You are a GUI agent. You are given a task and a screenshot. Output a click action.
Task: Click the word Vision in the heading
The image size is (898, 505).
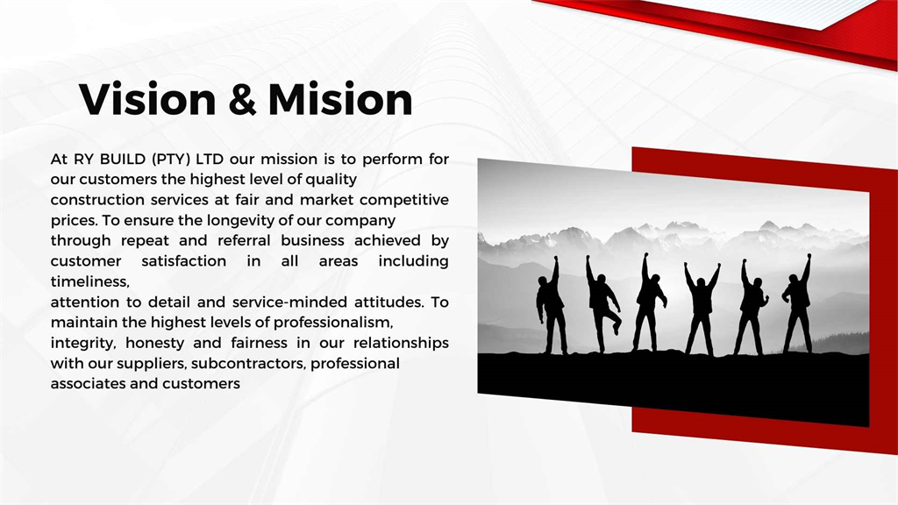pos(147,99)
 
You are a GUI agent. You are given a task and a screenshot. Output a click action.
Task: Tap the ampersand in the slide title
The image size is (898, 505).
pos(242,100)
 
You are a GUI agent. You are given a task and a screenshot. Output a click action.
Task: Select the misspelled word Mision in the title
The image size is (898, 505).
pos(340,99)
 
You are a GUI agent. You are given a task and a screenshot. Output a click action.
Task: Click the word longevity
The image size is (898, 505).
pos(242,220)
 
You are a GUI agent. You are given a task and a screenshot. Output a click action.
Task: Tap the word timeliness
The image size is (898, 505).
pos(90,281)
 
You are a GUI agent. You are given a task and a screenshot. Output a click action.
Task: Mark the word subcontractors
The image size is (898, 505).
pos(248,364)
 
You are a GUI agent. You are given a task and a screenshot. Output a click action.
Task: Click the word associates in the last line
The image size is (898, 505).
pos(89,384)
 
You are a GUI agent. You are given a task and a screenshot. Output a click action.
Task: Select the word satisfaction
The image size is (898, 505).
pos(184,261)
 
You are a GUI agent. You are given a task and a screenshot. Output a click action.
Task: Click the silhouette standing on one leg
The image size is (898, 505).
pos(602,304)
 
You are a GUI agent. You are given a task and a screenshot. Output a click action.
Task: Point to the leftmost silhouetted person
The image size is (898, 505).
pos(551,306)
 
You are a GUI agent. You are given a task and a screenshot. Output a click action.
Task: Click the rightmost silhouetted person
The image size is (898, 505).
pos(798,304)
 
